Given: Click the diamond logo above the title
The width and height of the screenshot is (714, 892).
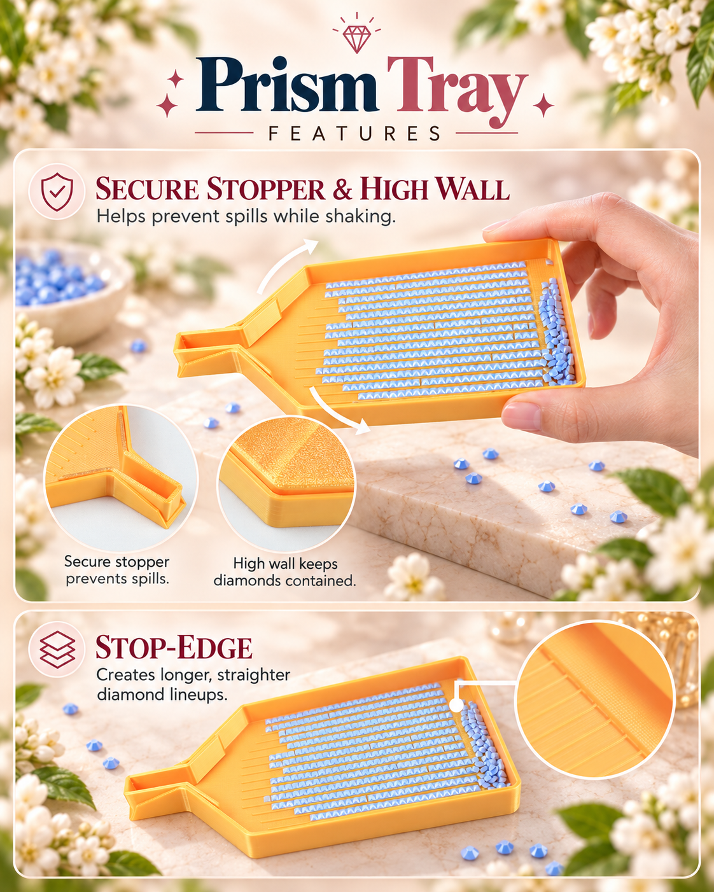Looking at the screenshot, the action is coord(356,36).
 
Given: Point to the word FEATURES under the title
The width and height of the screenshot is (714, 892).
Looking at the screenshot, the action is coord(354,134).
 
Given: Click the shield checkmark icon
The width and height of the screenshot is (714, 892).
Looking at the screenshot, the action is coord(57,192).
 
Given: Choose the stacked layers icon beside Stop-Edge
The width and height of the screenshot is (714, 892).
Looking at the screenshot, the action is coord(57,650).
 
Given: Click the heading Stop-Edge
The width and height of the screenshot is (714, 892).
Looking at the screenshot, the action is coord(174,648).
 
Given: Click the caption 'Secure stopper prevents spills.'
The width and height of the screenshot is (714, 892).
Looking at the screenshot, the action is coord(117,570).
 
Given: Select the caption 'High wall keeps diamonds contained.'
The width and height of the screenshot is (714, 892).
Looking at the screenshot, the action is coord(285,572).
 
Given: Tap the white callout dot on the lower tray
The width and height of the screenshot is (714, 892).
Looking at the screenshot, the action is coord(456,705).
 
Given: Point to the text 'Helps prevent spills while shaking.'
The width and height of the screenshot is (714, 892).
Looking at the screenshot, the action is coord(246,217).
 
